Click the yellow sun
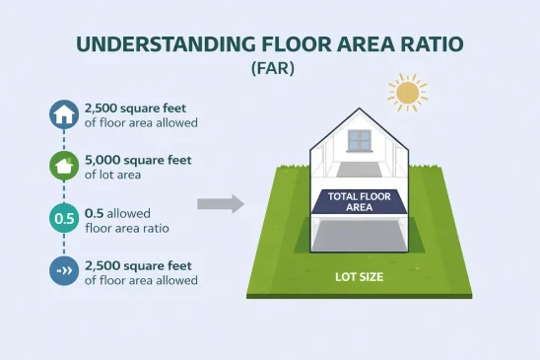point(407,93)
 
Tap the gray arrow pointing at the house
point(220,204)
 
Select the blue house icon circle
point(64,115)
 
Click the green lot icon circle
point(64,167)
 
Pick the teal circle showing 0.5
point(64,219)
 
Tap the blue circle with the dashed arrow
point(64,270)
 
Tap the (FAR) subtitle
point(269,71)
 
